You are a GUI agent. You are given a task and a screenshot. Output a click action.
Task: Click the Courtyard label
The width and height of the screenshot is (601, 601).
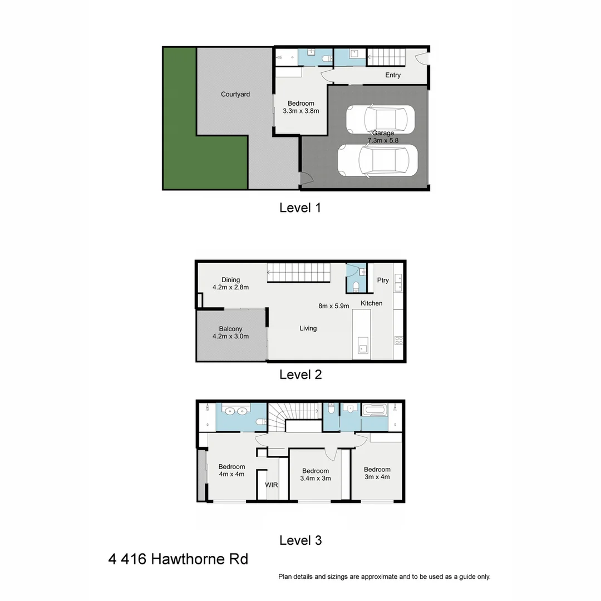[x=235, y=94]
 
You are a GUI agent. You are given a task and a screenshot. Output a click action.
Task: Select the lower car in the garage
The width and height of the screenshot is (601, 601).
[x=377, y=160]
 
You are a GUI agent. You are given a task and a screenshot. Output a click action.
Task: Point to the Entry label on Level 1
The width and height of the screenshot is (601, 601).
[x=393, y=75]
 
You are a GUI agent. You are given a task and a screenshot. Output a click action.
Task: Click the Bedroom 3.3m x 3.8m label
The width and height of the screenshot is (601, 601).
[x=300, y=107]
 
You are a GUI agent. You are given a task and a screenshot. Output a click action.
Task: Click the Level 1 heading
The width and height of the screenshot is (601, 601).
[x=300, y=208]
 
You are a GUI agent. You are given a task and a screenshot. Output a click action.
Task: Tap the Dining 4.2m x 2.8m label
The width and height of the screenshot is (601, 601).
[x=230, y=284]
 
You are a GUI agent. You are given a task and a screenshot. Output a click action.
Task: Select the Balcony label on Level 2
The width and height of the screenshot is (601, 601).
[x=230, y=332]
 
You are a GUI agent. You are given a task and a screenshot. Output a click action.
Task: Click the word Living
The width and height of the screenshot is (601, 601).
[x=308, y=328]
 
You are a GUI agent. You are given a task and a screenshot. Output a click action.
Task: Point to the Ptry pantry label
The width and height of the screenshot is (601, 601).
[x=383, y=280]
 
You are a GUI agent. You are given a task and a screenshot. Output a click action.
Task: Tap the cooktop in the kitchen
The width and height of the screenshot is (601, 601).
[x=398, y=340]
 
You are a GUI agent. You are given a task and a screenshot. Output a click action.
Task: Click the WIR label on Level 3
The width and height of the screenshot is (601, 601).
[x=272, y=485]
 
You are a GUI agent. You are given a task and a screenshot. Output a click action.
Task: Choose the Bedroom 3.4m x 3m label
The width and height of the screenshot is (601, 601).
[x=316, y=474]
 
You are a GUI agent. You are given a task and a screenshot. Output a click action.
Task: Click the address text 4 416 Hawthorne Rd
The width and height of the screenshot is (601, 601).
[x=178, y=559]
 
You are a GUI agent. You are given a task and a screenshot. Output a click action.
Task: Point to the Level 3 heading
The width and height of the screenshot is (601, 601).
[x=300, y=540]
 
